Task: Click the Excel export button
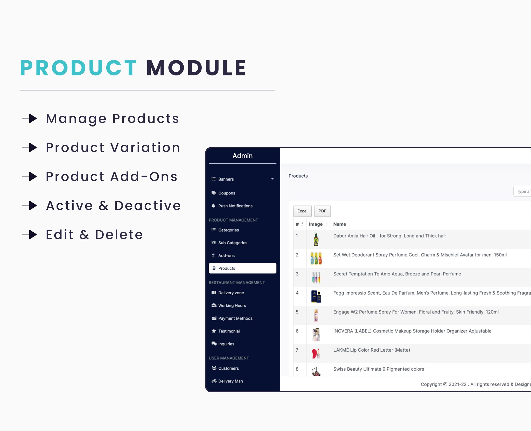pos(302,211)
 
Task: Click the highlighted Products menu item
pos(242,268)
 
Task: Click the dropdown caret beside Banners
pos(273,179)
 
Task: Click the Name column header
pos(340,224)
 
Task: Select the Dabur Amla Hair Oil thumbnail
pos(316,239)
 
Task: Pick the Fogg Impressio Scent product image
pos(316,296)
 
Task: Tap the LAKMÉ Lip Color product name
pos(372,350)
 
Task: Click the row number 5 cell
pos(297,312)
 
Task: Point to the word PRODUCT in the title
pos(79,68)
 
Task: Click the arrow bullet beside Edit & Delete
pos(30,234)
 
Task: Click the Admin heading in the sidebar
pos(242,156)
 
